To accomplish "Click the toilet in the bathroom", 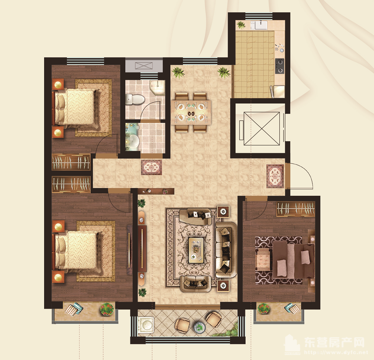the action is point(135,99).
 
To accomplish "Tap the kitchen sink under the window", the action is point(261,25).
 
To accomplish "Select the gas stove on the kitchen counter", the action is point(280,66).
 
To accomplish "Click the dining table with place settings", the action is point(191,112).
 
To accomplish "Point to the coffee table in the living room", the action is point(196,250).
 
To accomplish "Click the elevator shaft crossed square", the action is point(262,129).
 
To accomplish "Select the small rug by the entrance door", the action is point(275,176).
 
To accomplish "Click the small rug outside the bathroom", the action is point(152,167).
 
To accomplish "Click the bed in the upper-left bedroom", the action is point(76,107).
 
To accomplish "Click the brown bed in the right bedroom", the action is point(293,259).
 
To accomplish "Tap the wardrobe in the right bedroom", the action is point(296,209).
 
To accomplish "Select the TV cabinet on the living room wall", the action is point(142,249).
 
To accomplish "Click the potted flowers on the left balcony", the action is point(107,309).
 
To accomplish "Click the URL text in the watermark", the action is point(336,352).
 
